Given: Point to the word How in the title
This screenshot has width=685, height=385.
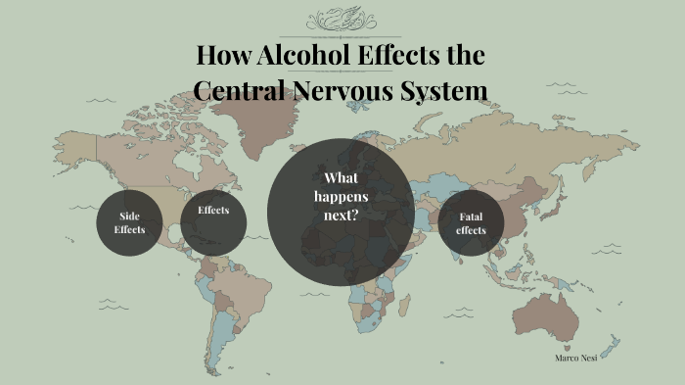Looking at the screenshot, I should click(x=219, y=55).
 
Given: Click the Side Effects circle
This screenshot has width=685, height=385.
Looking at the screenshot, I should click(x=128, y=222).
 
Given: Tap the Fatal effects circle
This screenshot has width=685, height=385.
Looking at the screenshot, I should click(x=471, y=223).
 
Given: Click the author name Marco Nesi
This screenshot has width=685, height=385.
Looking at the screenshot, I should click(x=575, y=358).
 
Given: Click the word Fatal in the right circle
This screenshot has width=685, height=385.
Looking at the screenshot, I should click(x=471, y=217).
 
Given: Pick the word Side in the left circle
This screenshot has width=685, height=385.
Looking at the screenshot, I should click(x=129, y=216).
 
